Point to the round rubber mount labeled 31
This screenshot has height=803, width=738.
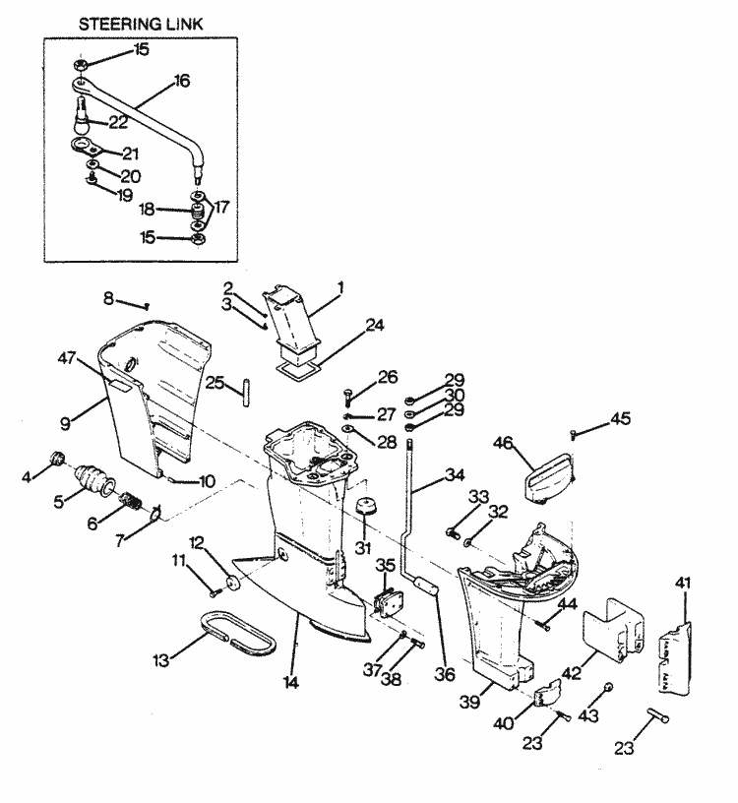click(x=368, y=511)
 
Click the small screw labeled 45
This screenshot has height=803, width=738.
click(x=574, y=432)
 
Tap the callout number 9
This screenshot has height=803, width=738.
click(x=64, y=424)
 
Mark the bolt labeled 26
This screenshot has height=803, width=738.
click(x=349, y=396)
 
